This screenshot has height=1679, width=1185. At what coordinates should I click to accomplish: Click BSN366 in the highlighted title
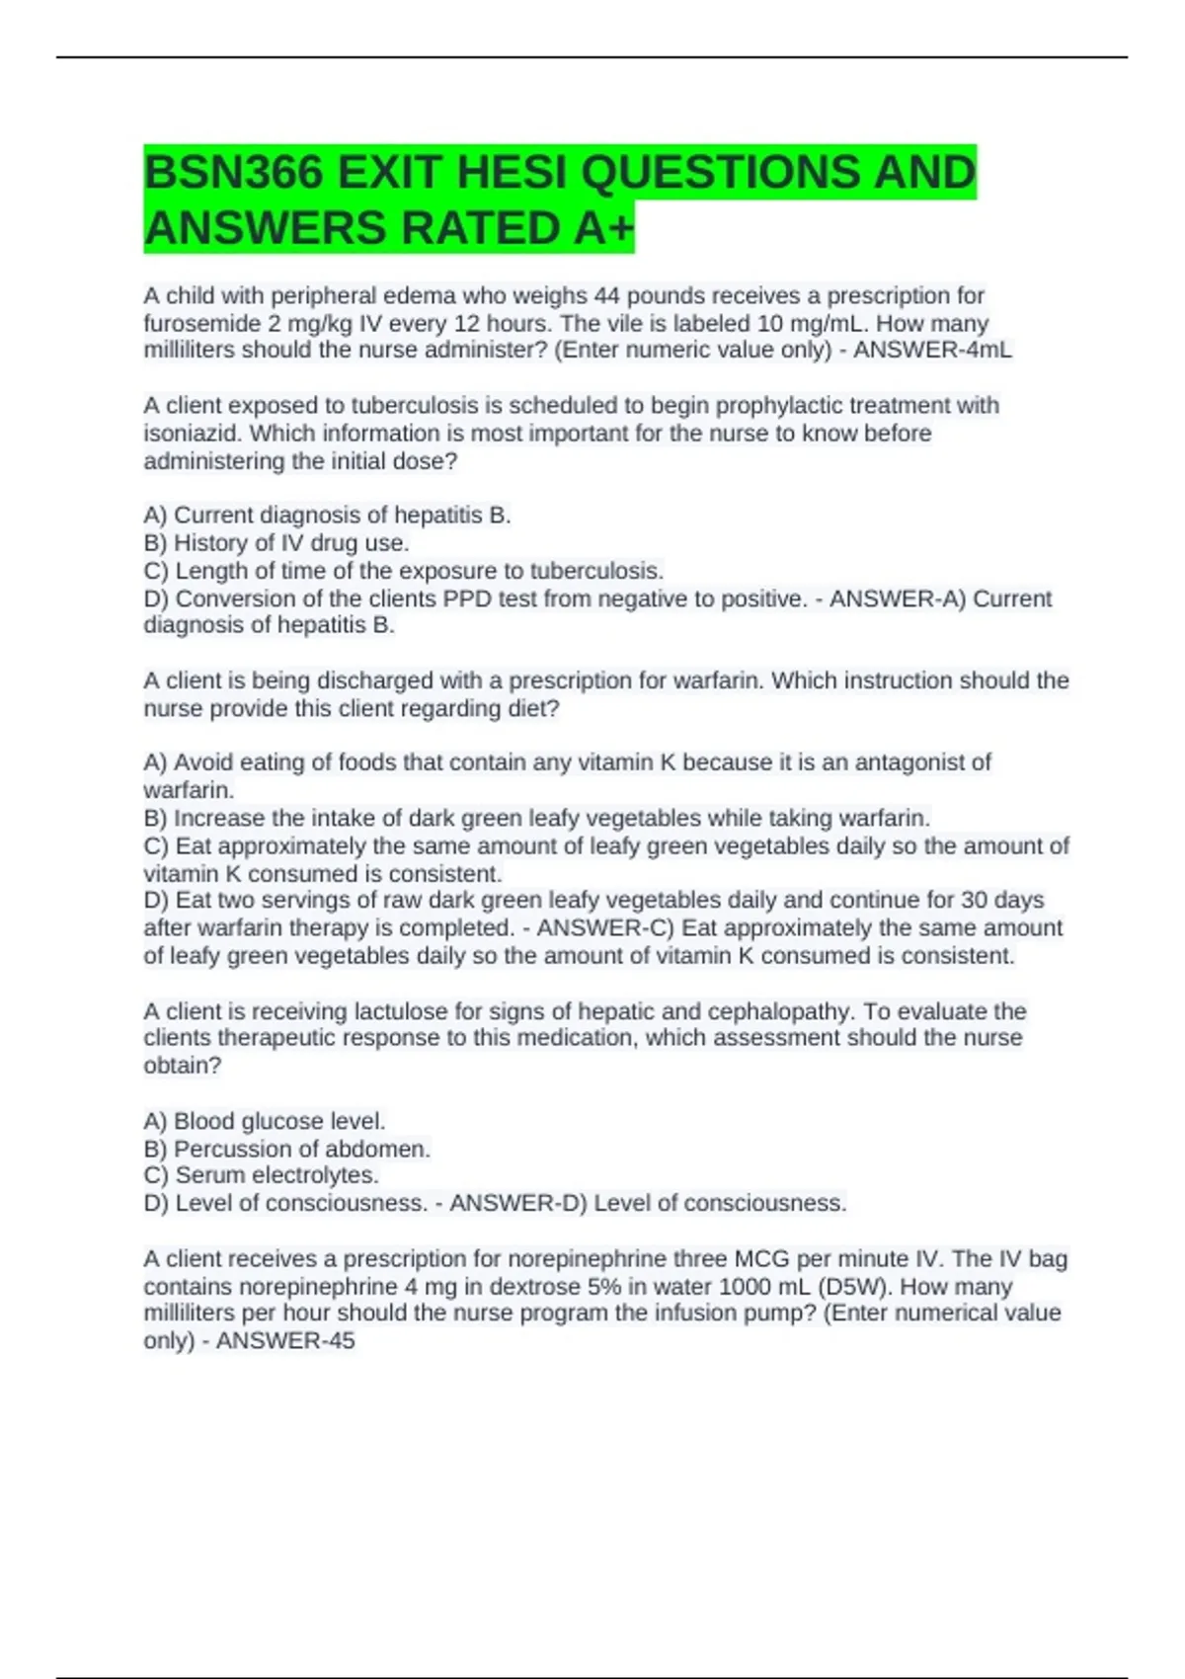pyautogui.click(x=233, y=173)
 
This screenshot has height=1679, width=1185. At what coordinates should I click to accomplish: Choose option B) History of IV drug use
pyautogui.click(x=276, y=542)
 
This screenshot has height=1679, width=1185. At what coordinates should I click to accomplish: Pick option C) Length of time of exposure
pyautogui.click(x=403, y=571)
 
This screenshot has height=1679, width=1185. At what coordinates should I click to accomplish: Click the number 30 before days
pyautogui.click(x=975, y=900)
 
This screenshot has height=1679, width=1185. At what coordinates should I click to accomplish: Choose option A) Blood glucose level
pyautogui.click(x=265, y=1121)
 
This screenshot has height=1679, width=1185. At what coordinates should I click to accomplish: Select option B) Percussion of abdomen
pyautogui.click(x=286, y=1149)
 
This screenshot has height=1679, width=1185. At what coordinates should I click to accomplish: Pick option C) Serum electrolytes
pyautogui.click(x=261, y=1175)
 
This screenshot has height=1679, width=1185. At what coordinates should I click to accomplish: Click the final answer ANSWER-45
pyautogui.click(x=285, y=1340)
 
